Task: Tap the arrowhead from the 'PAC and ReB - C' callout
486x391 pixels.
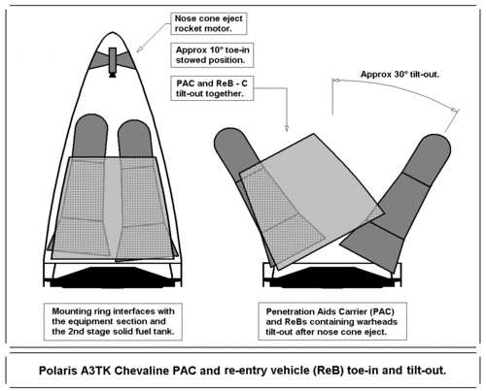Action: [289, 130]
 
